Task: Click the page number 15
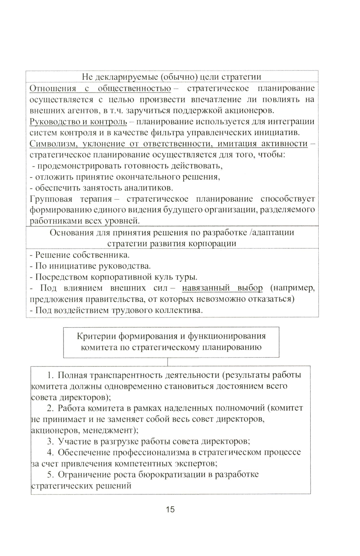tap(170, 510)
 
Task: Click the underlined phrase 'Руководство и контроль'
tap(78, 122)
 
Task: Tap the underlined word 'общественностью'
tap(134, 89)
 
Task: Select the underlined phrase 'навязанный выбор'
tap(222, 288)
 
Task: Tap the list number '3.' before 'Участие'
tap(50, 441)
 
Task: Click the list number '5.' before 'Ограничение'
tap(50, 475)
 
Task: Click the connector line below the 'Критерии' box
tap(168, 362)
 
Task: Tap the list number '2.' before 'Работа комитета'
tap(50, 408)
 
